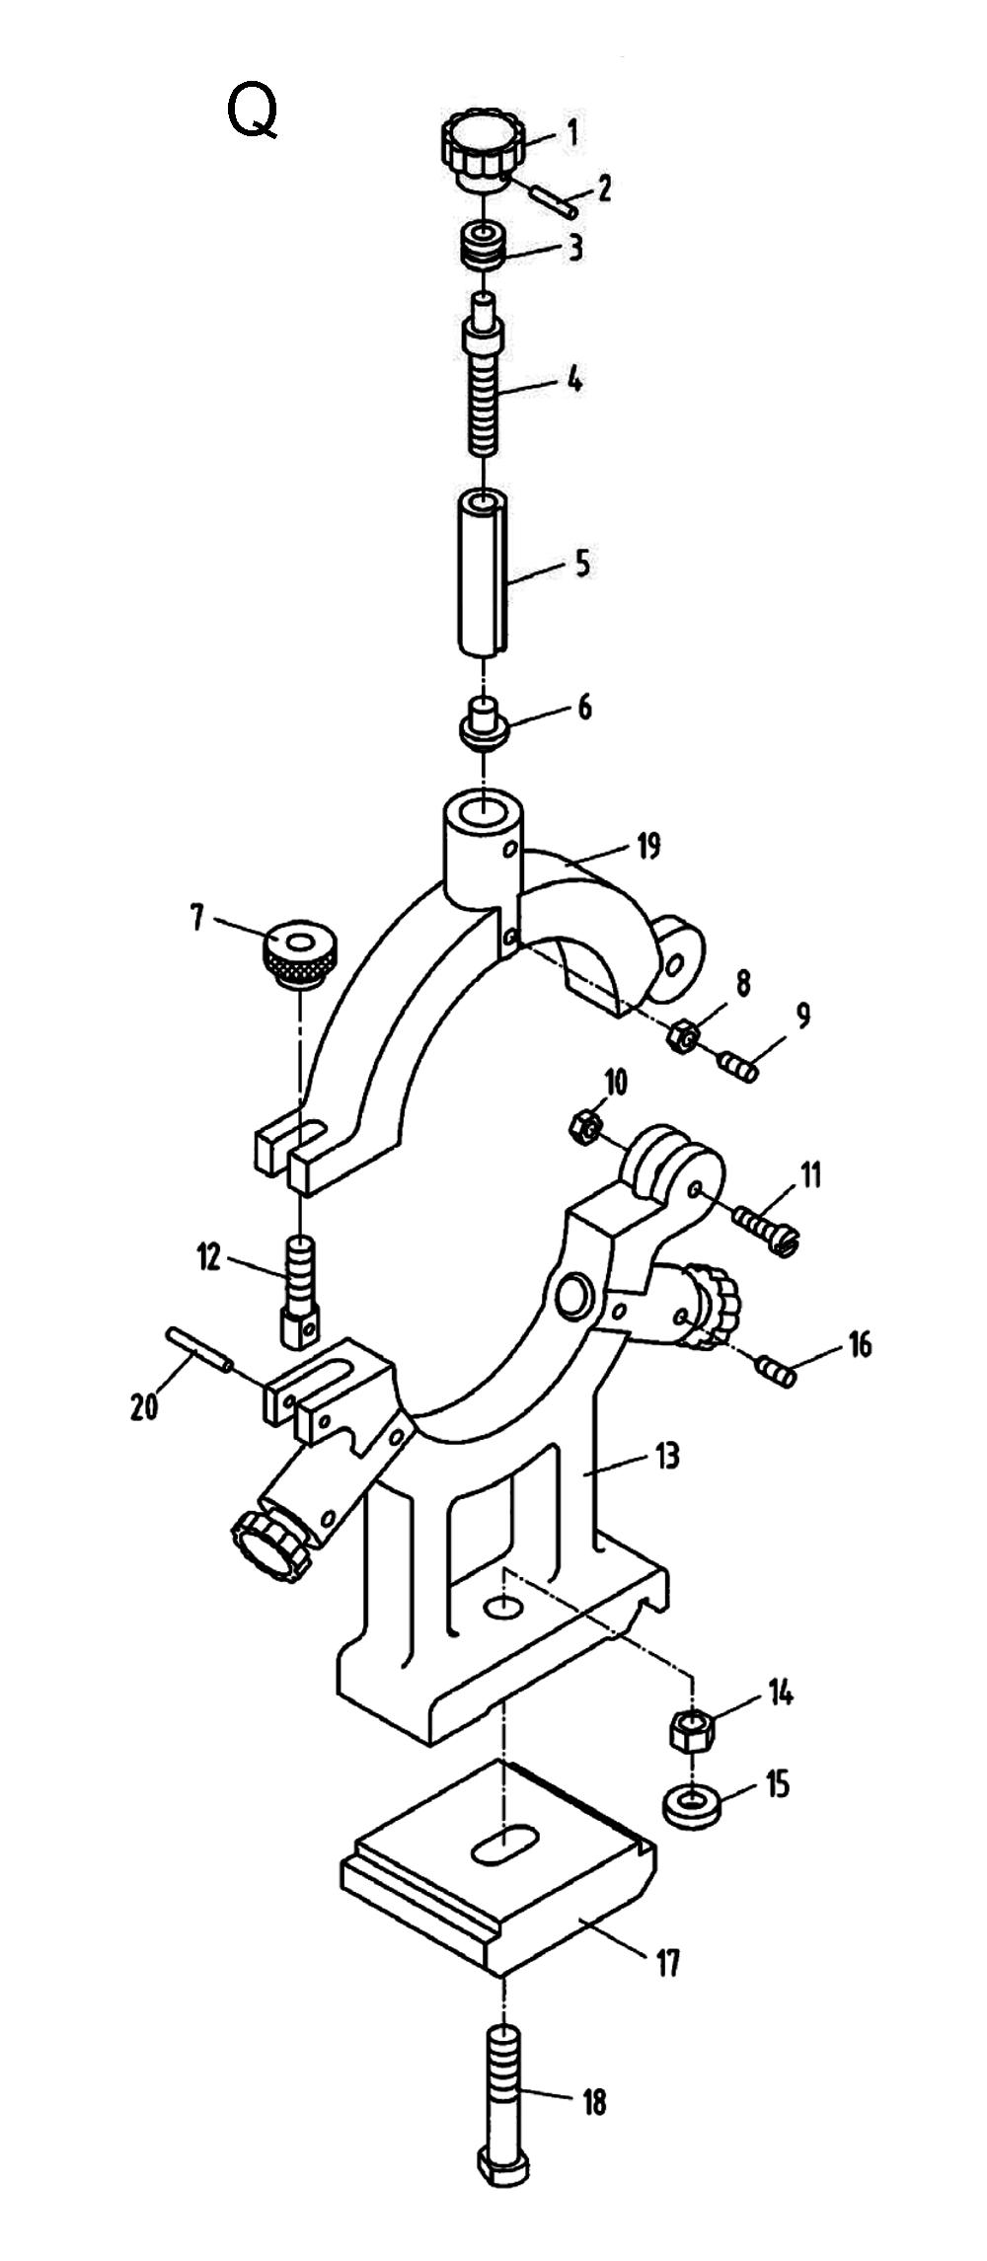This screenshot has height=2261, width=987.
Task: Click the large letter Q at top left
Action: pos(253,111)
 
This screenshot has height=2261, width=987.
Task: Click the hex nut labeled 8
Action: pos(683,1036)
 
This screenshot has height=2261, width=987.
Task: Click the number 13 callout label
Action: pos(667,1456)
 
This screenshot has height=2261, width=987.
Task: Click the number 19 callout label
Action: pos(647,847)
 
